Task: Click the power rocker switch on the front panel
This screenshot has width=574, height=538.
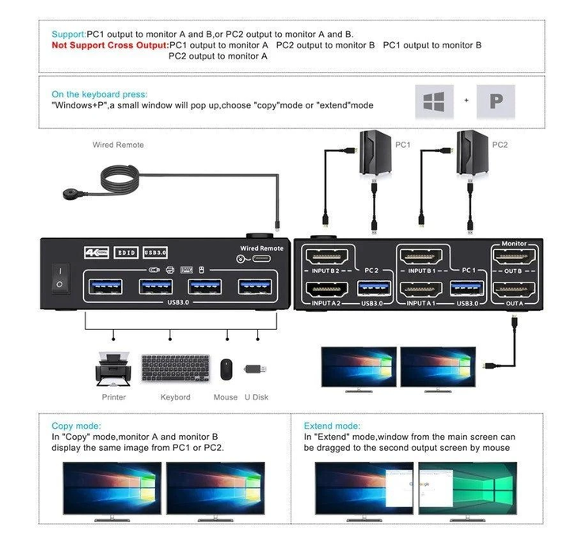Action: [60, 278]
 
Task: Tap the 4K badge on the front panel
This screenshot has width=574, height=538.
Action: [97, 252]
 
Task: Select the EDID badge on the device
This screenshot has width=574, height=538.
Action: [126, 252]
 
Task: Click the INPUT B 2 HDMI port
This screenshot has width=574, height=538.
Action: [326, 257]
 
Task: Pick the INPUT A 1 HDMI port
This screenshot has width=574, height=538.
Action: [421, 290]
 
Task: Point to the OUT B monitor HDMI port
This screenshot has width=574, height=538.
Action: [515, 257]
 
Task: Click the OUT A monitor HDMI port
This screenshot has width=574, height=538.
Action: [515, 290]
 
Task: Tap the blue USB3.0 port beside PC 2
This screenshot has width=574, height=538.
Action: [374, 288]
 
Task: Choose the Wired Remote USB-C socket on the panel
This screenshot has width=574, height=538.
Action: [262, 259]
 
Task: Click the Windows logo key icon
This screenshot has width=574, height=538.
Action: [434, 102]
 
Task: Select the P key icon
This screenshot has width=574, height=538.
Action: [496, 102]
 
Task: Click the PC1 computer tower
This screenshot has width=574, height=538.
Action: [375, 153]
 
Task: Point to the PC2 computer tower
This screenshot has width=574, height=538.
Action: [472, 153]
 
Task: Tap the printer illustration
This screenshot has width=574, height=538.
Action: [113, 369]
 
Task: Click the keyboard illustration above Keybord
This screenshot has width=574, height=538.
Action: [175, 369]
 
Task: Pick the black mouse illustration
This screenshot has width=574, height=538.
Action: [226, 369]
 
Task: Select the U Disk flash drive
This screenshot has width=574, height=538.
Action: [255, 369]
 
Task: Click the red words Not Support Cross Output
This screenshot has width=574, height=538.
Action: [110, 45]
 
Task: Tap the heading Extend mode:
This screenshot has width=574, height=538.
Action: [332, 426]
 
